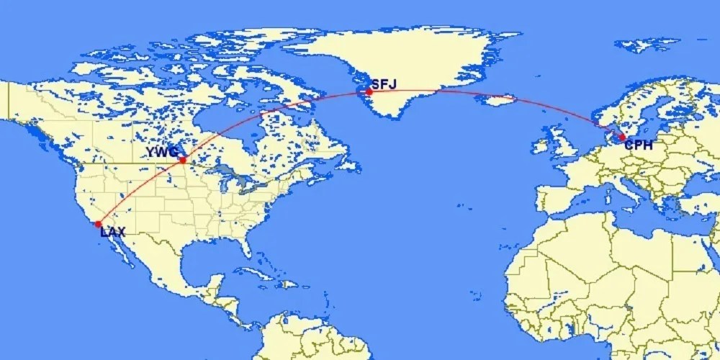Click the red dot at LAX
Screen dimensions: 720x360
tap(98, 224)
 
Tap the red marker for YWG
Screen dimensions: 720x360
tap(183, 160)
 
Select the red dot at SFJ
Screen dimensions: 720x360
tap(369, 91)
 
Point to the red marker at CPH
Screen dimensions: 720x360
tap(622, 137)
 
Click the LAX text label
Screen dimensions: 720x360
tap(112, 233)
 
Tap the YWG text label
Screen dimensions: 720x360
tap(162, 152)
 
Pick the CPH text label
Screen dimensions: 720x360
tap(639, 145)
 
